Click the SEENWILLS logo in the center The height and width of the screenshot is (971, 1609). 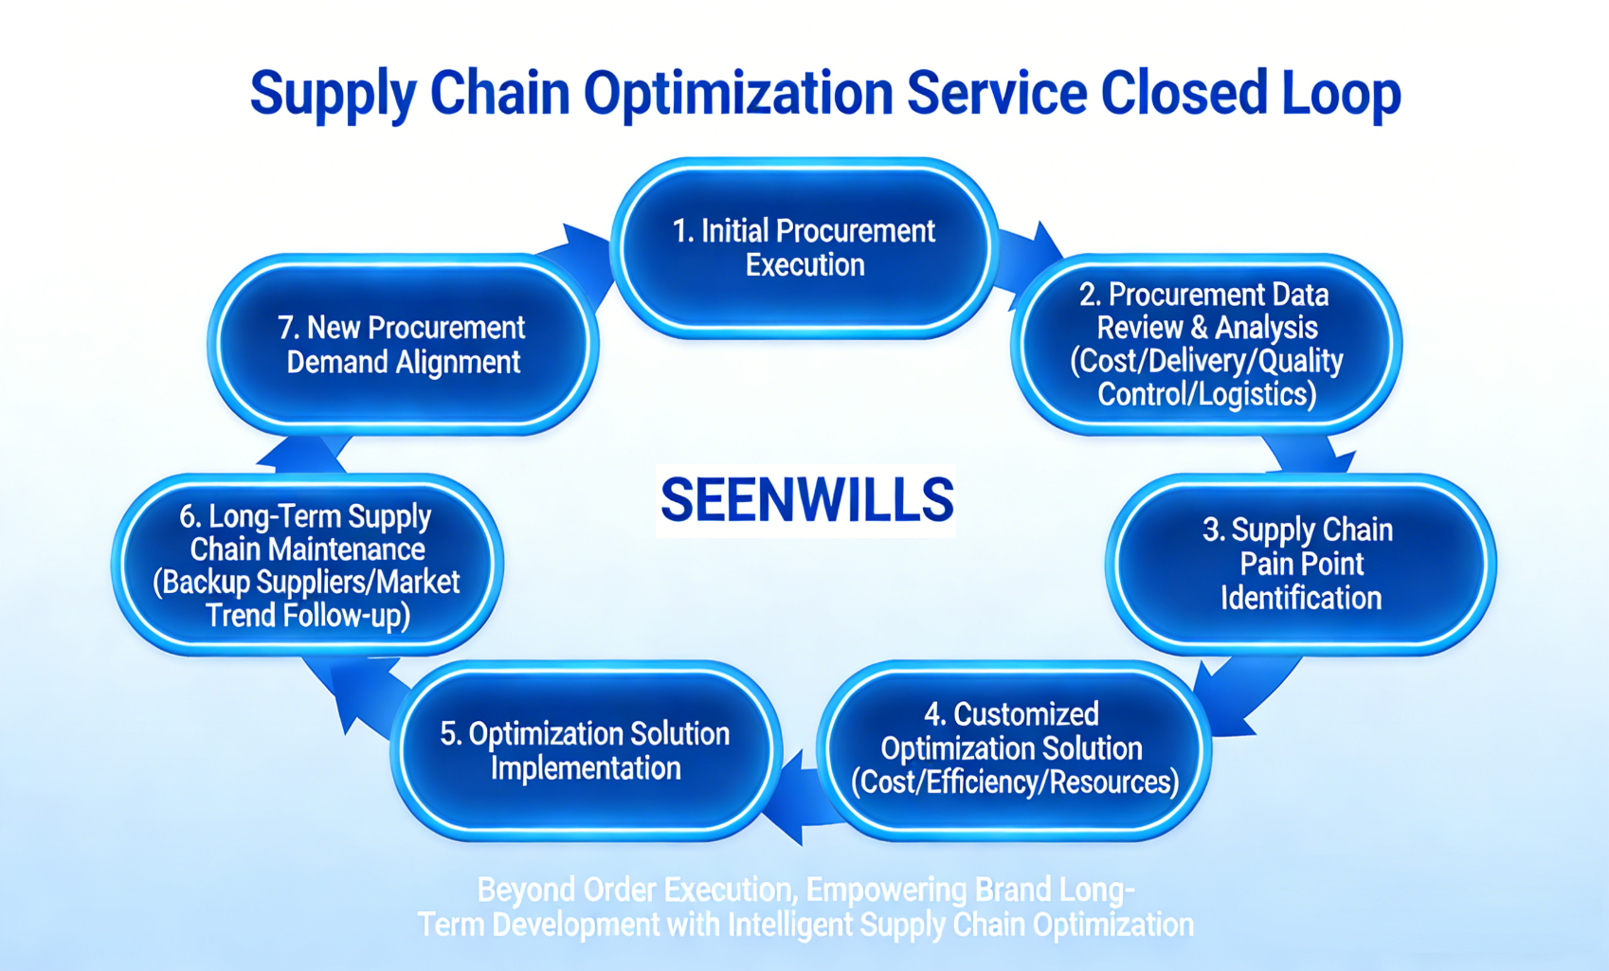point(806,500)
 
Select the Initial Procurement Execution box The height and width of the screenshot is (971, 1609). point(804,248)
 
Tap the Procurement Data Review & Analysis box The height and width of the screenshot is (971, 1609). point(1205,344)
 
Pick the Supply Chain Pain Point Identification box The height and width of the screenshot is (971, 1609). point(1300,564)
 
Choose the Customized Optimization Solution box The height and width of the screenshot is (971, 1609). point(1012,748)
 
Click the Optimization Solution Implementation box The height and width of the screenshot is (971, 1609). point(585,750)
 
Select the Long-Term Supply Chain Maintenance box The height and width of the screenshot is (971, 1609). point(307,566)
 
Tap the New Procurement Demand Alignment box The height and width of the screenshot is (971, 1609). point(403,344)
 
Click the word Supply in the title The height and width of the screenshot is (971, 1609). point(332,95)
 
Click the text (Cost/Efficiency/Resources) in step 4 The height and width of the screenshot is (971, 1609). point(1014,782)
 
